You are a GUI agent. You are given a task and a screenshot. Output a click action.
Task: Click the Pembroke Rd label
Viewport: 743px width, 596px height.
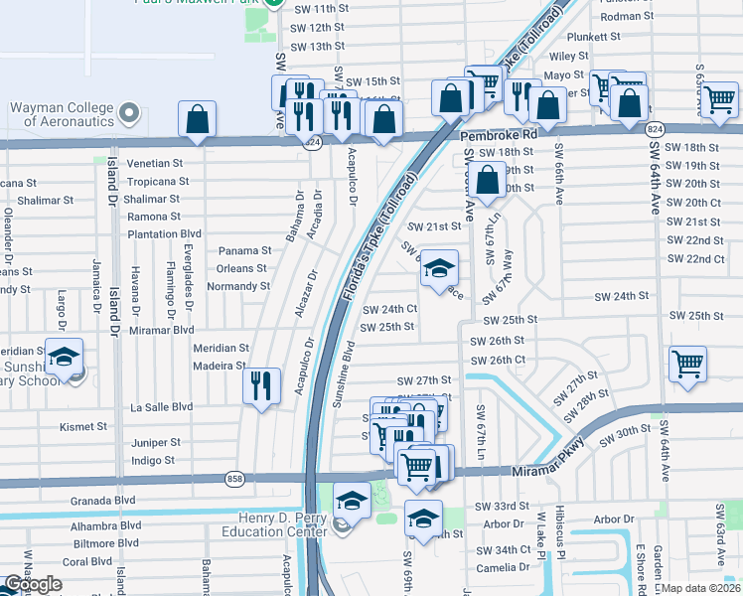click(498, 132)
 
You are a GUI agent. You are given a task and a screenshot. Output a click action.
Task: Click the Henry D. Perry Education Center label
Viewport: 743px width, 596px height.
click(283, 523)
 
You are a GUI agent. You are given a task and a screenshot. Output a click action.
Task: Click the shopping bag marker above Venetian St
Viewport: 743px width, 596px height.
click(198, 119)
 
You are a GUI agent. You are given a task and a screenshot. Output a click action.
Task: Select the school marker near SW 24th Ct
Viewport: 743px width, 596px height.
click(439, 269)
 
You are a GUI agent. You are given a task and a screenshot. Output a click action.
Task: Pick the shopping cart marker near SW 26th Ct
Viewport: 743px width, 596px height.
click(687, 363)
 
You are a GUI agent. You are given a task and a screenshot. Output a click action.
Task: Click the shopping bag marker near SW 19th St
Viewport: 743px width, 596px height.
click(488, 182)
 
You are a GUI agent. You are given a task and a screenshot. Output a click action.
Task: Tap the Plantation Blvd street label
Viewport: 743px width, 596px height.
click(164, 234)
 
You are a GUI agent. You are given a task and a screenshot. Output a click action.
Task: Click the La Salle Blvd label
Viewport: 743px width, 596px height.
click(162, 407)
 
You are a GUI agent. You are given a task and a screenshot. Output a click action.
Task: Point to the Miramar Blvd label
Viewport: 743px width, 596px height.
click(161, 330)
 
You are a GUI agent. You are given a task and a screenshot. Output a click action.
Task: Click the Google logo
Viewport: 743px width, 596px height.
click(33, 584)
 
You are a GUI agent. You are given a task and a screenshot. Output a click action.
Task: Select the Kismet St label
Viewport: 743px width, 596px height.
click(84, 426)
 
